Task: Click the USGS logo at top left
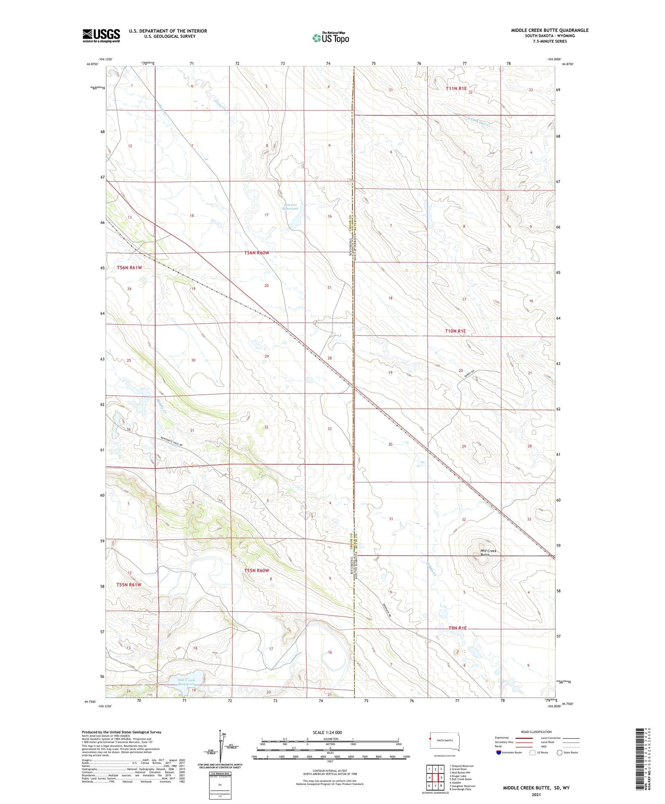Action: (x=101, y=35)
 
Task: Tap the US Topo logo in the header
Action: (x=331, y=38)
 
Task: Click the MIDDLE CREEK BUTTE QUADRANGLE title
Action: (x=549, y=30)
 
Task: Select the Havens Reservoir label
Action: (x=291, y=206)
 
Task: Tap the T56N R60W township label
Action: (x=257, y=253)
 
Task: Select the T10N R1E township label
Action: (x=455, y=331)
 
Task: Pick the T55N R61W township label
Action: (x=129, y=584)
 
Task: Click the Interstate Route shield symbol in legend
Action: (x=499, y=752)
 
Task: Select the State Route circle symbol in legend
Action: (x=559, y=752)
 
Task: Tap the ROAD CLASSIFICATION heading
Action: (x=536, y=732)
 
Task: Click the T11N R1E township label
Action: (x=456, y=88)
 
